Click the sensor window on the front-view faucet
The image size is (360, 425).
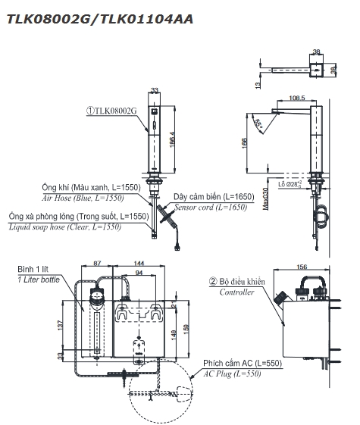click(x=154, y=112)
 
